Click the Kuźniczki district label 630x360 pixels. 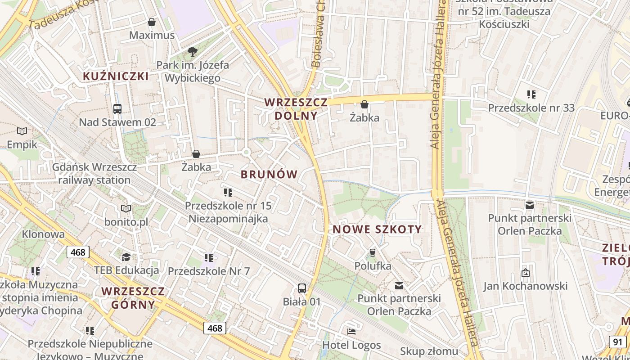pos(116,76)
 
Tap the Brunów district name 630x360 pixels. pos(269,175)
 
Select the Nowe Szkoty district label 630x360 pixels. pos(377,229)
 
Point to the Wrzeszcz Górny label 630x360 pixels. pos(133,298)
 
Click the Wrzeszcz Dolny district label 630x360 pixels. pos(296,109)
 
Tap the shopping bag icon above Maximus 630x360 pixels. pos(152,22)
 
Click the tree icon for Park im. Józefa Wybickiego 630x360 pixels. pos(193,52)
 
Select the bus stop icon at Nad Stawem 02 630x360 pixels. pos(117,108)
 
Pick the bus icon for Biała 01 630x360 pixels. pos(302,288)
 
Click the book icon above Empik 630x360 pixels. pos(22,131)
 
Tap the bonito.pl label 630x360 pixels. pos(126,222)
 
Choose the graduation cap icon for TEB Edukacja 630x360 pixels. pos(126,257)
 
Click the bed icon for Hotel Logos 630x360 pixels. pos(351,332)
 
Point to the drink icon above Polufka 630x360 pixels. pos(372,252)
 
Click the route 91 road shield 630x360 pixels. pos(617,342)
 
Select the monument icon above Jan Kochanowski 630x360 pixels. pos(525,273)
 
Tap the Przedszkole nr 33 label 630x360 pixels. pos(531,108)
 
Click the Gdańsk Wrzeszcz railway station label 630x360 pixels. pos(94,174)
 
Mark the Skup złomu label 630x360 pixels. pos(429,351)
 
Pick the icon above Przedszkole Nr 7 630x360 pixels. pos(208,258)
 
